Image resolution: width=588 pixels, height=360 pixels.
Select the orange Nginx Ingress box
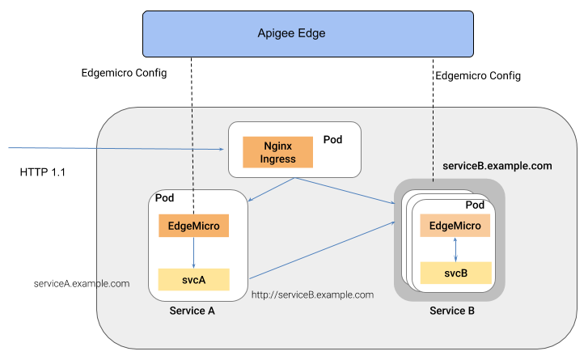[x=277, y=152]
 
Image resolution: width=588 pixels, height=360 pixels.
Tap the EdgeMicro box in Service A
[x=193, y=226]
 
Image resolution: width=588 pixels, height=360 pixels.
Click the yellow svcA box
[x=193, y=279]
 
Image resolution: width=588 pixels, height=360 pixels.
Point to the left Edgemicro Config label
[x=124, y=73]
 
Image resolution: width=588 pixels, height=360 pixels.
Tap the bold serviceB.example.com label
[x=497, y=165]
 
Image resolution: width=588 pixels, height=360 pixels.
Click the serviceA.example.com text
[x=82, y=283]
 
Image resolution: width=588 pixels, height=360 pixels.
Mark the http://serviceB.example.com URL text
[x=312, y=294]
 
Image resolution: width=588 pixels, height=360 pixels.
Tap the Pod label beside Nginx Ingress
[x=332, y=139]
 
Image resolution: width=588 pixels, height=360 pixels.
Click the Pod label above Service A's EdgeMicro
[x=164, y=198]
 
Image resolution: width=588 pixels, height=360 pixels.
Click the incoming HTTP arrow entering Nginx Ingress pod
[x=113, y=149]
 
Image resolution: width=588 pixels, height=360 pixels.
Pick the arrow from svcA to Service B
[x=324, y=251]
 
